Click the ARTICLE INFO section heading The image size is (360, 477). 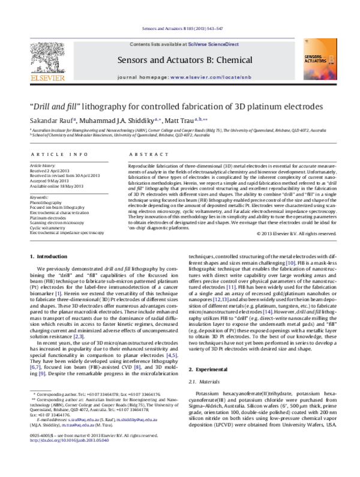tap(50, 154)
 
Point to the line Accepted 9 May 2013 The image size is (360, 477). tap(50, 179)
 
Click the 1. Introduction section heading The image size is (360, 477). tap(51, 257)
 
